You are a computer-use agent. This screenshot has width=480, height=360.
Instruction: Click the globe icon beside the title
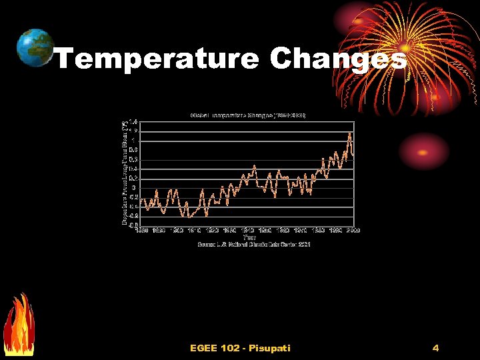click(35, 47)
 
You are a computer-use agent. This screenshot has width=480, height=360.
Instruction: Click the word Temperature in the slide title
click(156, 59)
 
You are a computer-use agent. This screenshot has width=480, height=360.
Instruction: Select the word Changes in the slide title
click(338, 59)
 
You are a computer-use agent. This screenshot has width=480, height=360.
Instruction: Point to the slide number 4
click(435, 348)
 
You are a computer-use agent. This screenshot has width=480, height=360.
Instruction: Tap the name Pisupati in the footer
click(271, 348)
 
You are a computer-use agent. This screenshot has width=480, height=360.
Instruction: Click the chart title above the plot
click(247, 115)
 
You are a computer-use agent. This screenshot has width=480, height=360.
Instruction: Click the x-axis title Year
click(249, 237)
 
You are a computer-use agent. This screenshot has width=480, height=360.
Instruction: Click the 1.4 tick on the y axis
click(133, 122)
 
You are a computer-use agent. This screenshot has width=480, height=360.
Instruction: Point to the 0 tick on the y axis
click(135, 188)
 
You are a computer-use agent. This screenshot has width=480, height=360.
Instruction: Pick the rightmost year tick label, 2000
click(353, 231)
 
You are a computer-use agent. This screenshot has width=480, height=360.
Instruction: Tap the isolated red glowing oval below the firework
click(425, 150)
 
